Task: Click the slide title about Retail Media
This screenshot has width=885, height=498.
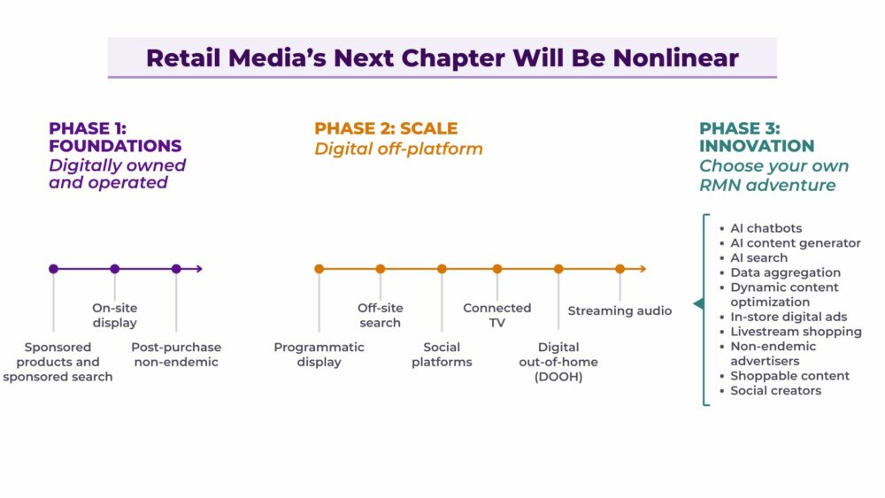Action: tap(442, 58)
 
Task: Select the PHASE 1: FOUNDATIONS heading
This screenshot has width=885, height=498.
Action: tap(115, 137)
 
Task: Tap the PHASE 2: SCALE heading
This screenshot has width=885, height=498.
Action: tap(386, 128)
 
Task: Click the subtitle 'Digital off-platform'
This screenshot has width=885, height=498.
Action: tap(398, 149)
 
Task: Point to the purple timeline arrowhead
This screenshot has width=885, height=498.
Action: tap(199, 269)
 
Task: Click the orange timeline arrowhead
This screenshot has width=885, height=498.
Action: tap(643, 269)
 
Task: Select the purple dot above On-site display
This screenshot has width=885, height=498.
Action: tap(115, 269)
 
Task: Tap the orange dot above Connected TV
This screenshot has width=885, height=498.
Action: tap(497, 269)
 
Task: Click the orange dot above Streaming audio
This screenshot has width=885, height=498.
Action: tap(619, 269)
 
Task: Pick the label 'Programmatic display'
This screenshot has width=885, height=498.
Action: tap(319, 355)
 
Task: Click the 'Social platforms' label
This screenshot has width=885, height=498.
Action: tap(442, 355)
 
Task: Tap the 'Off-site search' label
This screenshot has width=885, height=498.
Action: tap(381, 315)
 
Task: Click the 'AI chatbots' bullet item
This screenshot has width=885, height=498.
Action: tap(766, 228)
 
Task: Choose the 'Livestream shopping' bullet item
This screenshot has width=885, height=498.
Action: tap(796, 332)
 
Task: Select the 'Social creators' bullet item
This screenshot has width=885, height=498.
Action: tap(775, 390)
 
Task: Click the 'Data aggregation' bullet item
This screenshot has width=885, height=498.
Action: tap(785, 272)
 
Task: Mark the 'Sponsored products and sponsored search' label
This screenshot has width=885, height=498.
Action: tap(58, 362)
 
